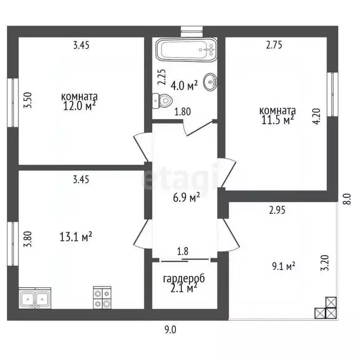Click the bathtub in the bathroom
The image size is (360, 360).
point(186,50)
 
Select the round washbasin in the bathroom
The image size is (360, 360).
point(210,82)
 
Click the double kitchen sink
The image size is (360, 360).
point(35,298)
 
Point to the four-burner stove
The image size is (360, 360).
point(102,298)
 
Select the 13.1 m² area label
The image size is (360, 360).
point(76,237)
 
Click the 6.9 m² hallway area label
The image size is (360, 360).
point(187,198)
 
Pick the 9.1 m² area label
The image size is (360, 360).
point(284,267)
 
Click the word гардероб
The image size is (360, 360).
point(184,279)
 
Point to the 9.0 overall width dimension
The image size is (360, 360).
point(170,330)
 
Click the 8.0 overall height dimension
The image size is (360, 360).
point(348,199)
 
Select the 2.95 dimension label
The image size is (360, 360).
point(277,210)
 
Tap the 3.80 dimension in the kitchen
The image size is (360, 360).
point(28,239)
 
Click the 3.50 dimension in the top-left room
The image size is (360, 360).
point(28,100)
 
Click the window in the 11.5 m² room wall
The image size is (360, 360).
point(332,94)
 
